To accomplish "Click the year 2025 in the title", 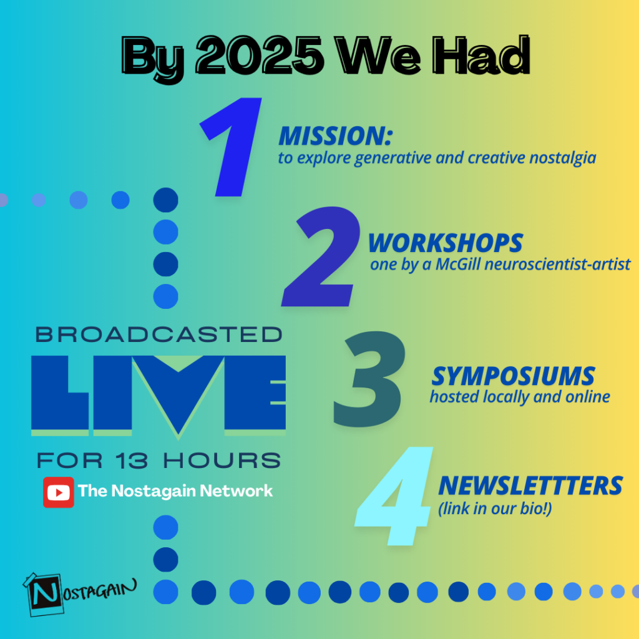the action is [260, 55].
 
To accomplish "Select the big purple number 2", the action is [321, 256].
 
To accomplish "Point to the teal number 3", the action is [369, 379].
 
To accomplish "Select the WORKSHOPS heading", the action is [446, 243].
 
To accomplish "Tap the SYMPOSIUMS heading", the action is [513, 376].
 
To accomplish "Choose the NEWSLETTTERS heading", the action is [530, 485].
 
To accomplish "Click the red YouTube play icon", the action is [59, 492].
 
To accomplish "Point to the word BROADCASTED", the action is [159, 334].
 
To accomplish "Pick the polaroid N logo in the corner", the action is [43, 594].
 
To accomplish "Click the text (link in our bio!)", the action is [495, 509].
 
